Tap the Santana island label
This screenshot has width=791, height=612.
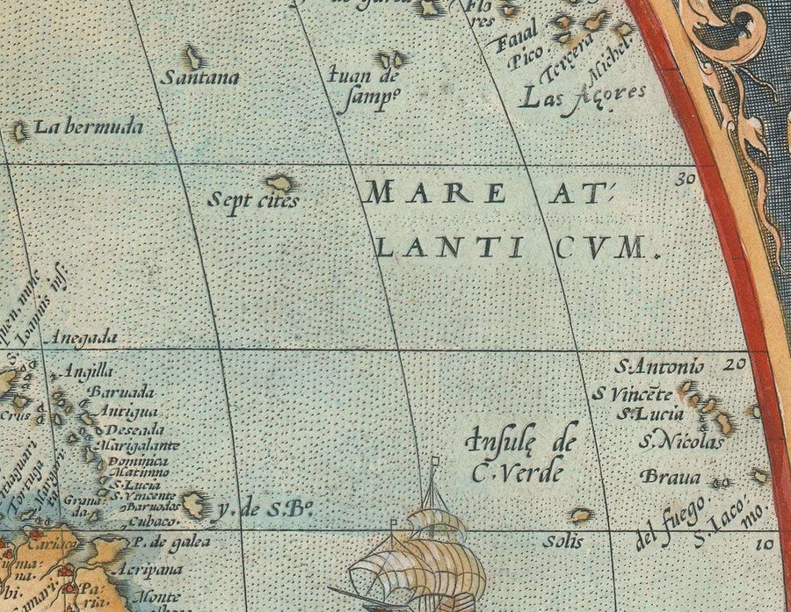click(x=200, y=77)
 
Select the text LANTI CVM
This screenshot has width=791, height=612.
click(x=517, y=248)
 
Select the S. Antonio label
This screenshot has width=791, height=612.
click(x=659, y=366)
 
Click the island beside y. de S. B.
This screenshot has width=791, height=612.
click(x=192, y=504)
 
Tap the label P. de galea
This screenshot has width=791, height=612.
click(x=164, y=544)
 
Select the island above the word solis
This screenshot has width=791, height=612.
click(x=579, y=515)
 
